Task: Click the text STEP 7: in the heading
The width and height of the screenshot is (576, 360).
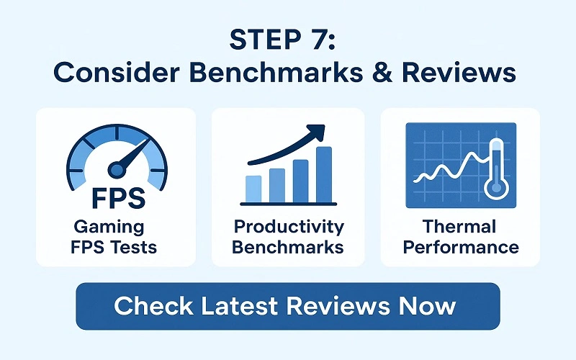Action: tap(287, 40)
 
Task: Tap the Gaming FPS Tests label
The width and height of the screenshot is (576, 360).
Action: tap(116, 238)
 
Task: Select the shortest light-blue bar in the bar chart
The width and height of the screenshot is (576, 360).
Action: tap(253, 189)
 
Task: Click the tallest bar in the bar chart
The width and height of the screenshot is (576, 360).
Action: tap(323, 174)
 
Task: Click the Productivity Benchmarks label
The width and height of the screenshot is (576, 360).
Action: tap(288, 238)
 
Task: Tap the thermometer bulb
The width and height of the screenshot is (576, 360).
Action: tap(496, 189)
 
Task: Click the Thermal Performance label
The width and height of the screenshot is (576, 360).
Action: tap(460, 238)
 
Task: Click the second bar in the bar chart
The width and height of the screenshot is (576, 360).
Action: tap(277, 184)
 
